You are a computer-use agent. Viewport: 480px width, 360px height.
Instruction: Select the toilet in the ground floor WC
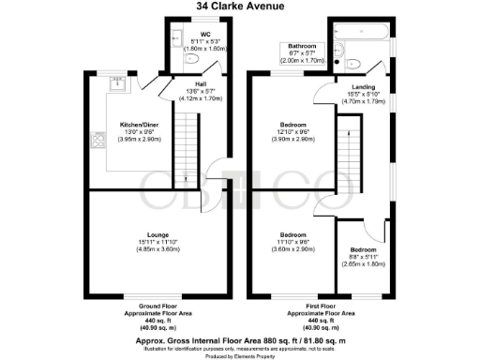[191, 58]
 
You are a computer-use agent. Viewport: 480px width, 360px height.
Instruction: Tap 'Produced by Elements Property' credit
[240, 355]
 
